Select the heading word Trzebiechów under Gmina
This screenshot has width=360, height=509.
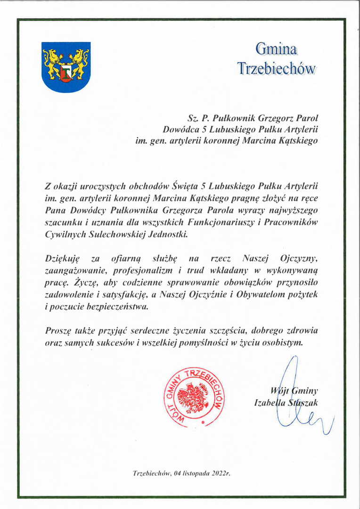[x=276, y=68]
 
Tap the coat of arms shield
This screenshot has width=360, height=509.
[x=66, y=66]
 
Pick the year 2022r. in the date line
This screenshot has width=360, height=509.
[x=219, y=472]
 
